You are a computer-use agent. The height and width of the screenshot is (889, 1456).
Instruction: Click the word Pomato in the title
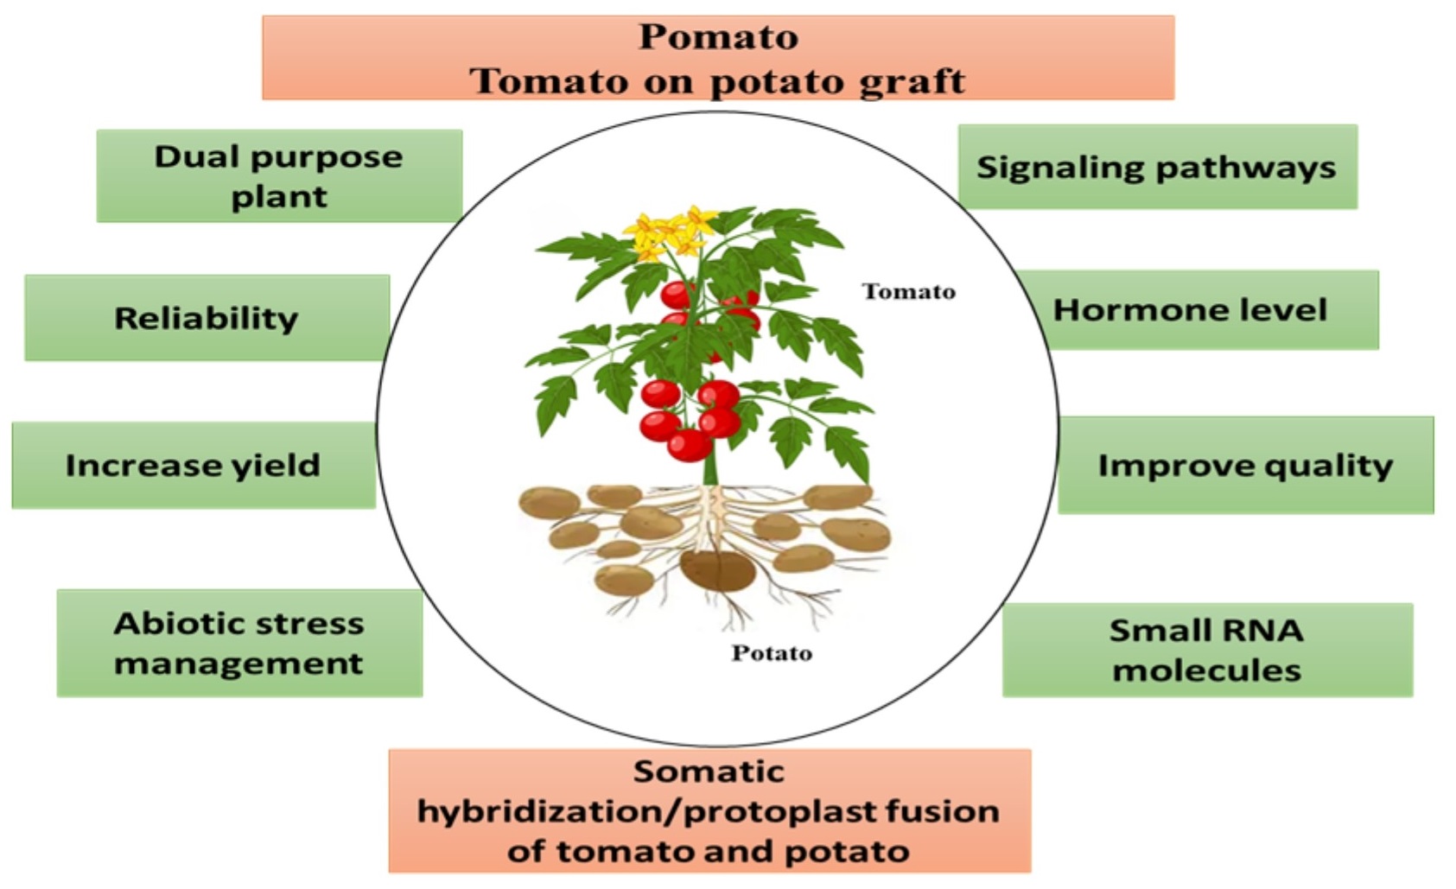point(718,37)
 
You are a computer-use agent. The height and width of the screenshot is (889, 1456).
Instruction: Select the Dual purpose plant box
point(279,176)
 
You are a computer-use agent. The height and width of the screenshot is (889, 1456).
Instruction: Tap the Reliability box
point(207,318)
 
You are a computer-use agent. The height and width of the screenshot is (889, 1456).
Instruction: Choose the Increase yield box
point(194,465)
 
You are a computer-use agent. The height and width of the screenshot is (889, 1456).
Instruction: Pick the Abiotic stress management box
point(239,643)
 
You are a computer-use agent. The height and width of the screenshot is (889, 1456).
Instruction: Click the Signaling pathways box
point(1157,167)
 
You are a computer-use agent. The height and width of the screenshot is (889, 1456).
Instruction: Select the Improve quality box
point(1245,465)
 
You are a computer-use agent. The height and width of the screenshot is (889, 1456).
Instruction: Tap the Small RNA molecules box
point(1206,650)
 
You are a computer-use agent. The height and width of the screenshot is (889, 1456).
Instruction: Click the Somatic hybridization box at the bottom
point(709,810)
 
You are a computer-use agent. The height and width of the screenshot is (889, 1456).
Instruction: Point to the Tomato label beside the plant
point(909,292)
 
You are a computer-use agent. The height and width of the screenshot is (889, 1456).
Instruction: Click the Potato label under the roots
point(772,653)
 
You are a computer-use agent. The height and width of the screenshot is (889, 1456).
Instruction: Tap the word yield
point(276,465)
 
